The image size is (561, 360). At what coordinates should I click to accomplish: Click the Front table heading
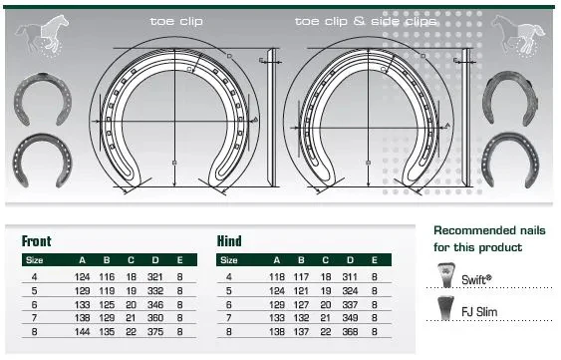point(37,241)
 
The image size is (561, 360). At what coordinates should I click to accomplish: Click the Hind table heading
point(229,241)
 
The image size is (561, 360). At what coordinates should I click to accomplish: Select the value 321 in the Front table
point(155,277)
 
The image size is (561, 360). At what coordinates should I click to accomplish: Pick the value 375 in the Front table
point(155,332)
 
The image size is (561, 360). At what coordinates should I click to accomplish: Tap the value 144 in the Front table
point(83,332)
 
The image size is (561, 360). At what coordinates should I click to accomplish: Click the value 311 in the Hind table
point(350,277)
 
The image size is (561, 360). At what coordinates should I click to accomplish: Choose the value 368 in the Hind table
point(350,332)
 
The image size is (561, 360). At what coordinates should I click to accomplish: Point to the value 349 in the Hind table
point(350,318)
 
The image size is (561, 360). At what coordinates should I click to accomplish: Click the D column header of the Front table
point(155,260)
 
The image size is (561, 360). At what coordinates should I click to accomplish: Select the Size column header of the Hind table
point(229,260)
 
